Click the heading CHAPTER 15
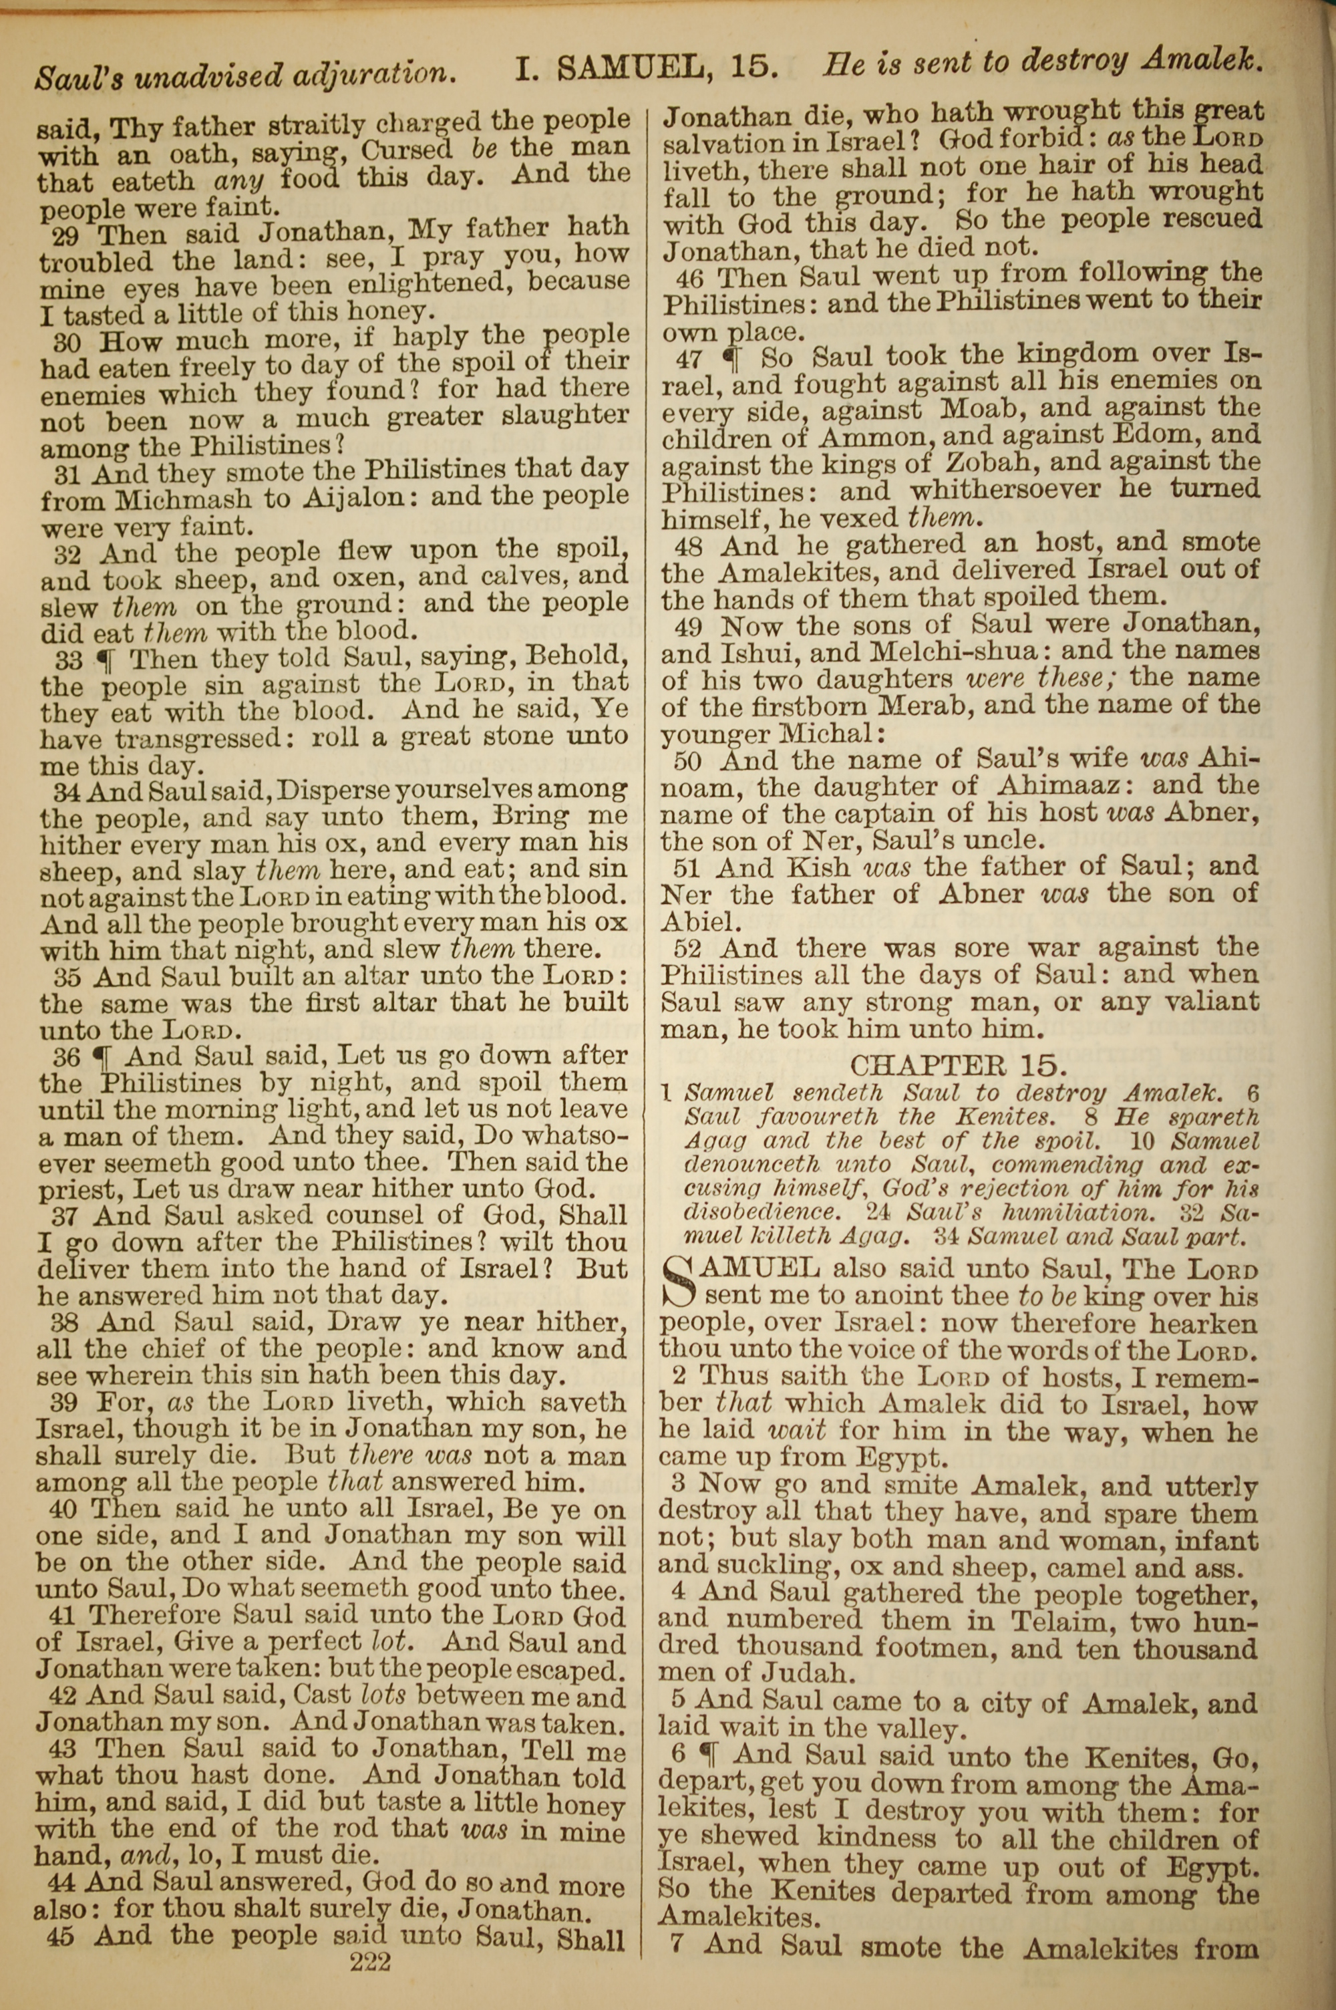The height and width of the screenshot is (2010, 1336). pos(958,1065)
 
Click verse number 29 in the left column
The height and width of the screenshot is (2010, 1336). pos(68,233)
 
